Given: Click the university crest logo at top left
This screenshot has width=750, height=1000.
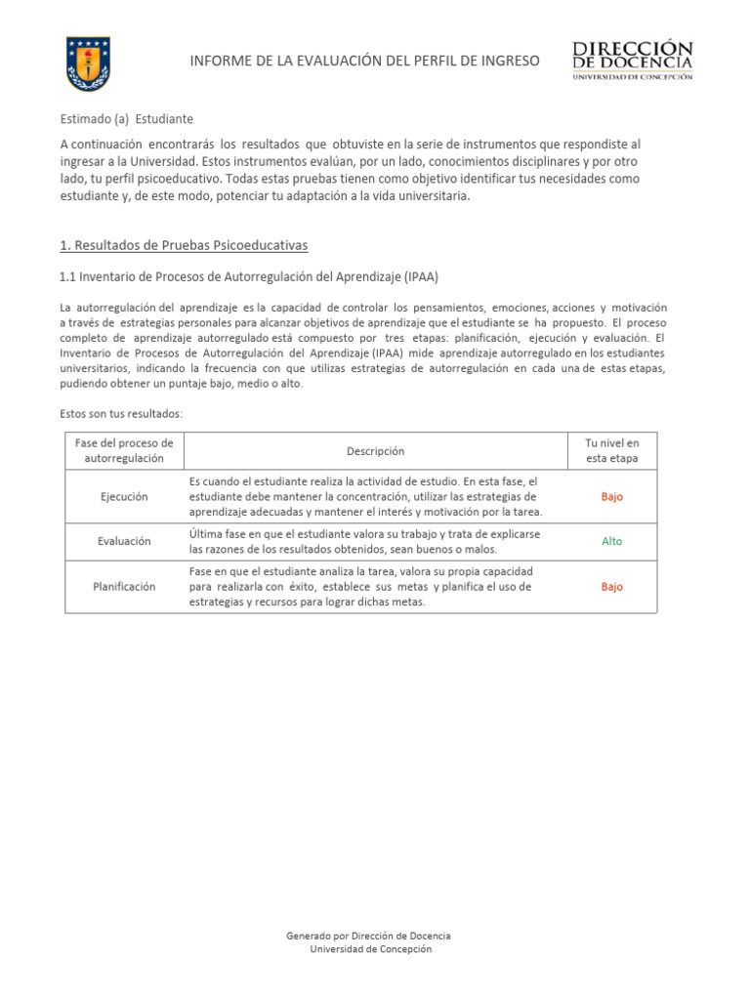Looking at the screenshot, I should coord(87,63).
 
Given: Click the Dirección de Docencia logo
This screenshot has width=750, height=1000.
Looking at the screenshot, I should coord(632,61).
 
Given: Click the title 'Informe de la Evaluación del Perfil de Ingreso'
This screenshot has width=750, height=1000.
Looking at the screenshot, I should coord(363,62).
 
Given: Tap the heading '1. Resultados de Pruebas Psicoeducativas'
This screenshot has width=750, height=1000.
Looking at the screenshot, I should coord(185,244).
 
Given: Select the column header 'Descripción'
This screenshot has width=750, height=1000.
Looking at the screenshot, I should coord(375,451).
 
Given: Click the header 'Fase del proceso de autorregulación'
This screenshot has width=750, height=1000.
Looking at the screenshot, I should coord(124,451).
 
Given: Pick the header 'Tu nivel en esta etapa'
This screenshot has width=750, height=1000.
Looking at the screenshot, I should coord(612,451).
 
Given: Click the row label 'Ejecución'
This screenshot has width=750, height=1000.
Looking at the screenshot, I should coord(124,497).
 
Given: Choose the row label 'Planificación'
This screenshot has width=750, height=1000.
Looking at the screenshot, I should coord(124,587).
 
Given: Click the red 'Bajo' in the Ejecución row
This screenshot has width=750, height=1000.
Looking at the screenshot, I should coord(612,497).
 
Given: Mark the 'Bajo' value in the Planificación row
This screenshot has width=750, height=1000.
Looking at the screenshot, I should coord(612,587).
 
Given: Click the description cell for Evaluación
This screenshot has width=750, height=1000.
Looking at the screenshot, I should coord(363,542).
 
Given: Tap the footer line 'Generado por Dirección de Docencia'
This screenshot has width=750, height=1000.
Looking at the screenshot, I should coord(368,936).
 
